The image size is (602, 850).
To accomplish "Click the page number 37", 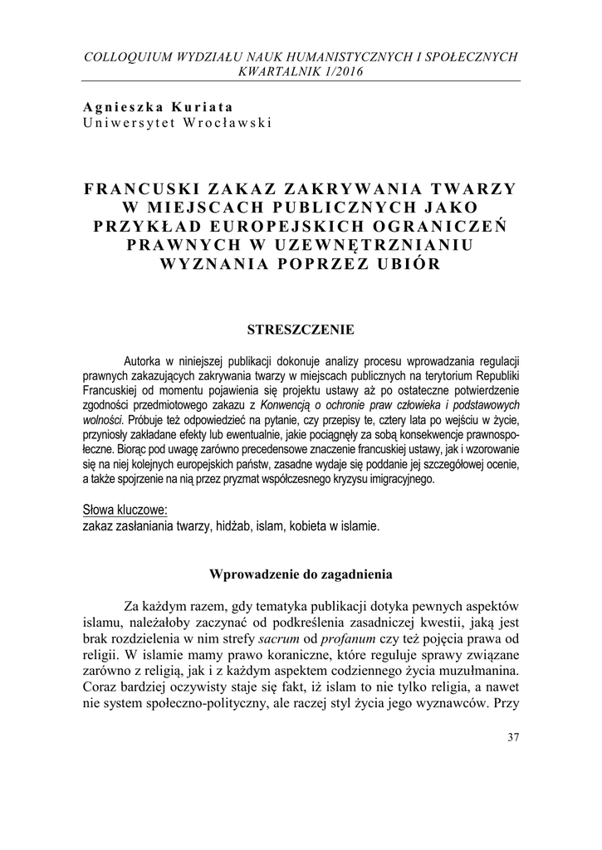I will [511, 739].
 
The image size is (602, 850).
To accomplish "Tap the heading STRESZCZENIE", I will [301, 330].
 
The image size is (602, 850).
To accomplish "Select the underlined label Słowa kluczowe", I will [125, 508].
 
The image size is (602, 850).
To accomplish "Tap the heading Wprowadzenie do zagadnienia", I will [301, 574].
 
